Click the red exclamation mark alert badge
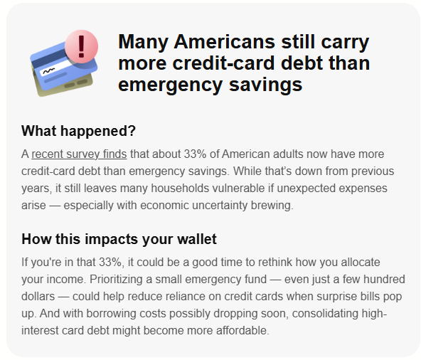pos(81,47)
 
